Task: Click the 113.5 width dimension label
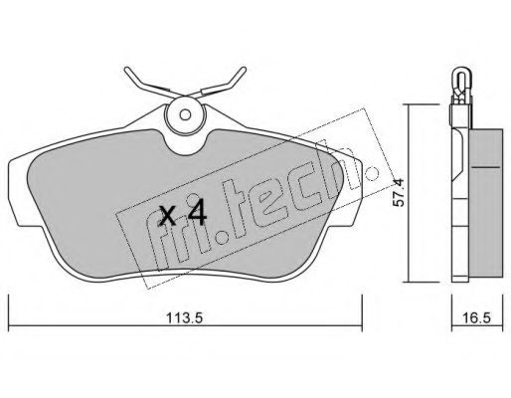[184, 318]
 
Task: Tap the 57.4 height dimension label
[399, 193]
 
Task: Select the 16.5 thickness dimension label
[477, 318]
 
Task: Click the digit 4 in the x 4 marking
[197, 214]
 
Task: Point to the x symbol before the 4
[167, 216]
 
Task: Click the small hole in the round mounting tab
[185, 114]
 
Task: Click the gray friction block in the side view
[486, 203]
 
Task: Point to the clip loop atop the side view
[461, 83]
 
